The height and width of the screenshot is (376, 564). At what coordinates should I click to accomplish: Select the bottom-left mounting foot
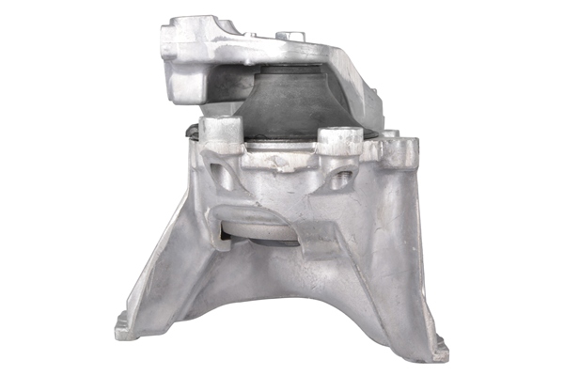[x=127, y=326]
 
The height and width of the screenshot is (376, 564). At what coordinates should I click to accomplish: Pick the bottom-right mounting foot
[x=434, y=350]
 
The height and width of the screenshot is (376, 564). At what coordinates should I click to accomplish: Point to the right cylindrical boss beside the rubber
[x=340, y=142]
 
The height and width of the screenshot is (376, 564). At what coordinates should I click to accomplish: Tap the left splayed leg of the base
[x=169, y=273]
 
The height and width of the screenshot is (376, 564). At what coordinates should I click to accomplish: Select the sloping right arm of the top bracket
[x=357, y=85]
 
